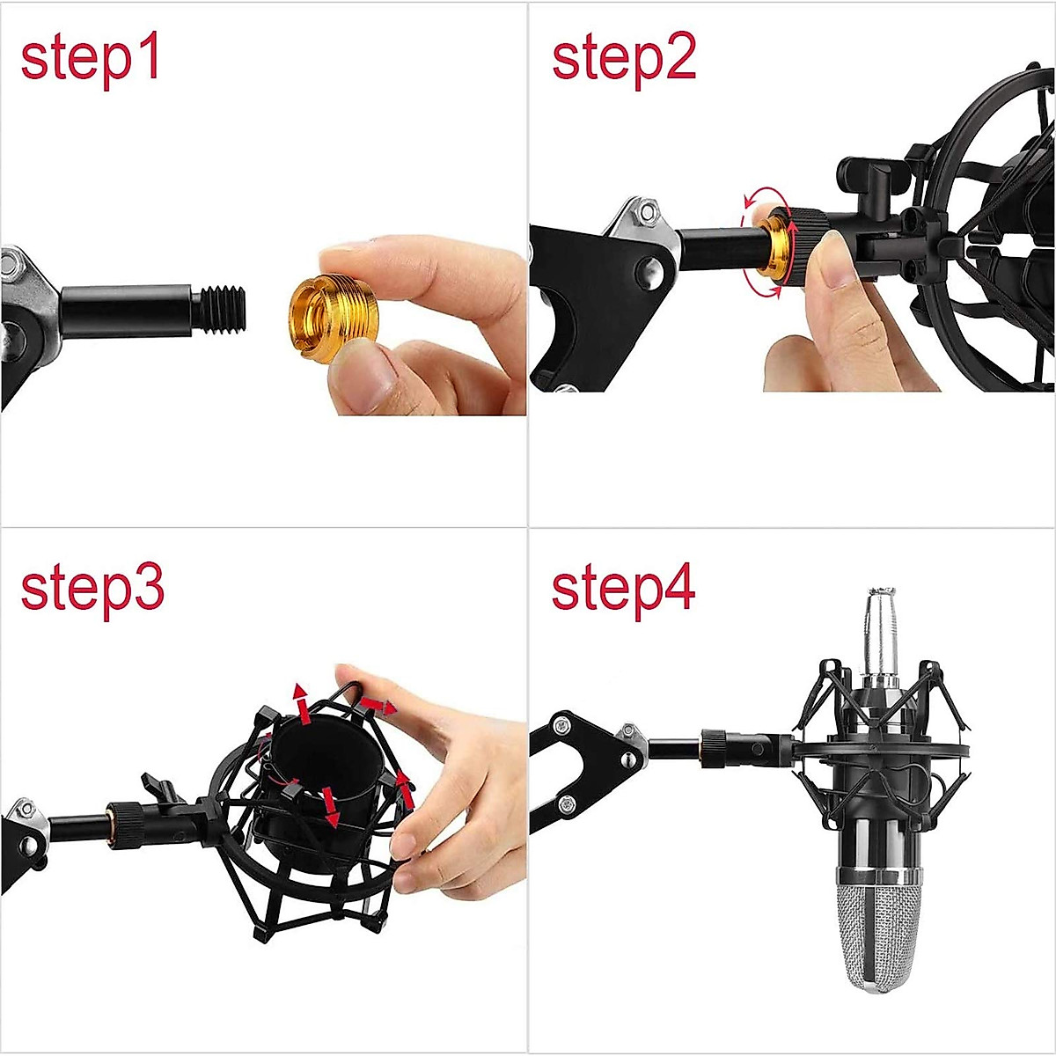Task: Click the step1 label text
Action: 91,60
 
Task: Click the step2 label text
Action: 623,60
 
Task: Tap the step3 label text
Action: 92,589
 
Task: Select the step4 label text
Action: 623,589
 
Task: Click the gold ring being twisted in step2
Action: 776,247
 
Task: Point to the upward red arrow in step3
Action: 302,700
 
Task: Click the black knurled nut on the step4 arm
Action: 714,748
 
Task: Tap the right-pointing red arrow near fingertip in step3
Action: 380,705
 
